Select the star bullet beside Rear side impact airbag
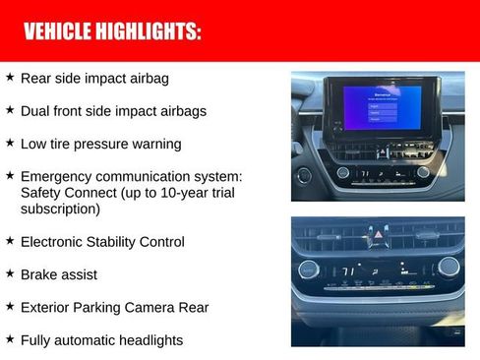click(x=9, y=77)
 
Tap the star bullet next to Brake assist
click(x=9, y=273)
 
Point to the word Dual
click(x=36, y=110)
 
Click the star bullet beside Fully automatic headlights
click(x=9, y=339)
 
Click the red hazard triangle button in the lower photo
click(x=378, y=236)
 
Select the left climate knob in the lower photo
click(x=308, y=269)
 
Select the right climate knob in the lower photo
click(x=449, y=267)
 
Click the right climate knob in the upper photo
click(x=423, y=172)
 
